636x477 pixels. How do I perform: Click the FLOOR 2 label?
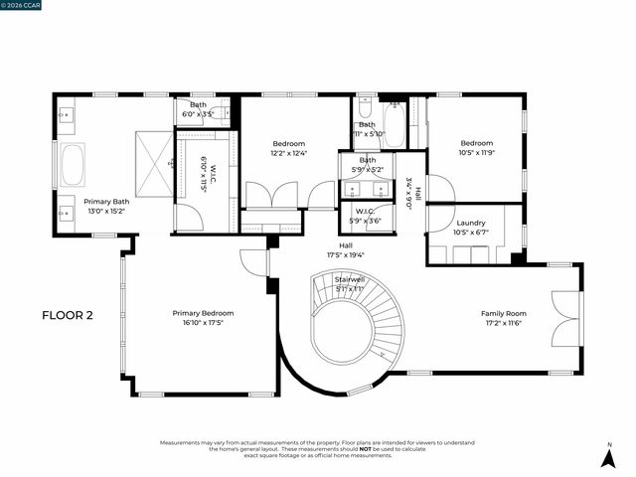point(67,316)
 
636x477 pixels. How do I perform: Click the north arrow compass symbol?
point(609,458)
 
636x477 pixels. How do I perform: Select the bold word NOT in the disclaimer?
point(367,449)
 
